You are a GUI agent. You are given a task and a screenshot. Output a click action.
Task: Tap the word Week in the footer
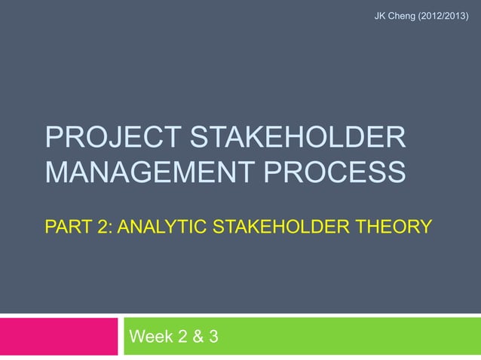point(153,336)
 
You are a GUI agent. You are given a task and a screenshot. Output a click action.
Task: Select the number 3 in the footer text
point(214,336)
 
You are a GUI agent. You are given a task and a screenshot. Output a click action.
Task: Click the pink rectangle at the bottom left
point(57,336)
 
